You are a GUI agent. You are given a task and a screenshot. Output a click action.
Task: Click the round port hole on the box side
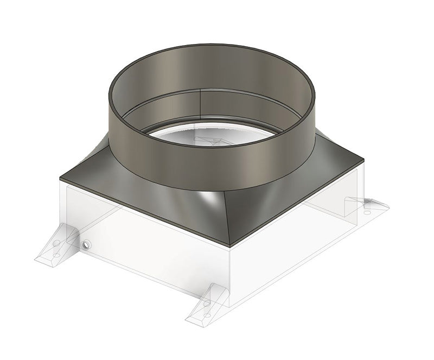(86, 245)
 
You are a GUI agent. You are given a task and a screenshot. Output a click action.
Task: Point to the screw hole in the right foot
(367, 212)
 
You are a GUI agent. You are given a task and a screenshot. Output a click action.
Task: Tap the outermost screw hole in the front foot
(207, 315)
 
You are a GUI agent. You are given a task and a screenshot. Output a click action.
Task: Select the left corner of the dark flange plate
(61, 178)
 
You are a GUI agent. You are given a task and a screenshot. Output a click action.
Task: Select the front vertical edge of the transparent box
(230, 277)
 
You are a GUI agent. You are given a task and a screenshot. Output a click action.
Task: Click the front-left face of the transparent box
(146, 244)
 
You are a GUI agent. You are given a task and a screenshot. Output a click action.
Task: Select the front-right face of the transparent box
(293, 239)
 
